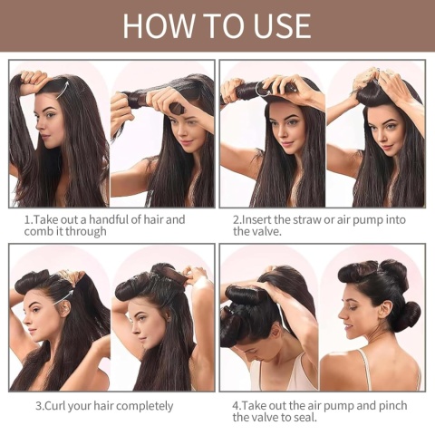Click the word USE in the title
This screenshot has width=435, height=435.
coord(282,25)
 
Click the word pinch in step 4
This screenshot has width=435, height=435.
coord(393,406)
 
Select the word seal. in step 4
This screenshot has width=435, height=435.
coord(304,418)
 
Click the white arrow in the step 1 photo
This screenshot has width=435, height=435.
coord(63,89)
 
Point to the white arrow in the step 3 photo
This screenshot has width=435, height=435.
coord(64,298)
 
